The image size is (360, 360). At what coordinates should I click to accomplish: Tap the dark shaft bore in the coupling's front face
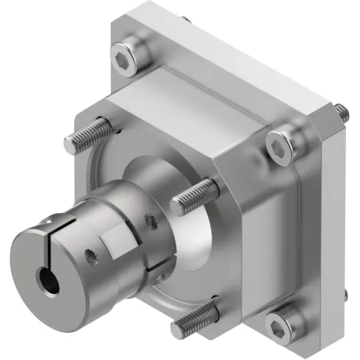click(49, 280)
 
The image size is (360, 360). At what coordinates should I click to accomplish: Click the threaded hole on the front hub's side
click(93, 256)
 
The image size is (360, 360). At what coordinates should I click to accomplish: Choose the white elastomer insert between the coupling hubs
click(118, 239)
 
